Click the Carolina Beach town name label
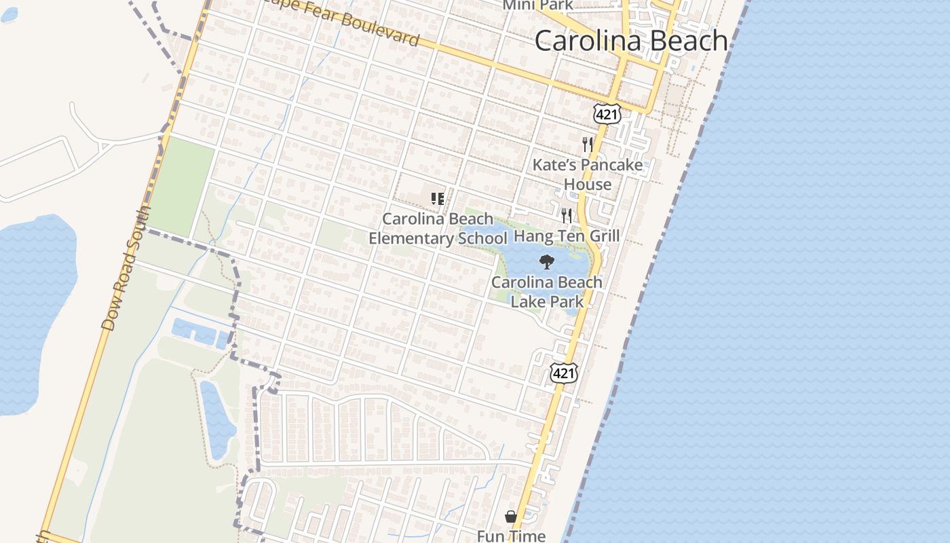[631, 41]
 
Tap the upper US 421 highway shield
[606, 114]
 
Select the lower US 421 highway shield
[563, 373]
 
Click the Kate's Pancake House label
[588, 174]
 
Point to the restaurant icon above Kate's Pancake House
[588, 144]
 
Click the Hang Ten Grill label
[567, 236]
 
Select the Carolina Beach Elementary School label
[438, 229]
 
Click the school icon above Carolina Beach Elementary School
[438, 199]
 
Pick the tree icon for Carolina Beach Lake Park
[546, 261]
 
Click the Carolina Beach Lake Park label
[547, 292]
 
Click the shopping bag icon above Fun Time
[511, 517]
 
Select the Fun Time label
[511, 536]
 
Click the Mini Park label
[537, 5]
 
